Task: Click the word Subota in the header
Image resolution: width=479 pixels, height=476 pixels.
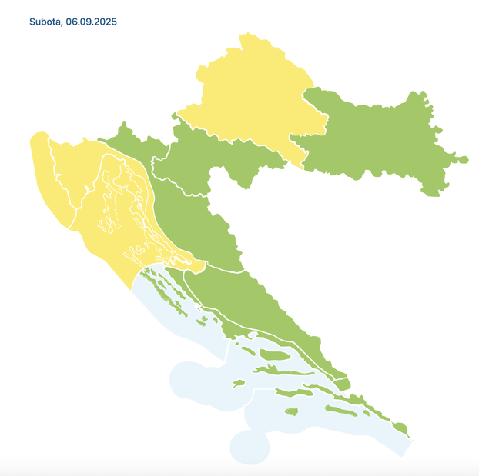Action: (45, 22)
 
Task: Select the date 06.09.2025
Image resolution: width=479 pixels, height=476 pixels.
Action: (91, 22)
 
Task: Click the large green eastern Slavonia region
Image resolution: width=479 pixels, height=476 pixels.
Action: (377, 138)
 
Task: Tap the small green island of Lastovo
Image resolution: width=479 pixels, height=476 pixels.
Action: (292, 412)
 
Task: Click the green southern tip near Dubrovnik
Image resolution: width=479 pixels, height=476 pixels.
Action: (400, 428)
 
